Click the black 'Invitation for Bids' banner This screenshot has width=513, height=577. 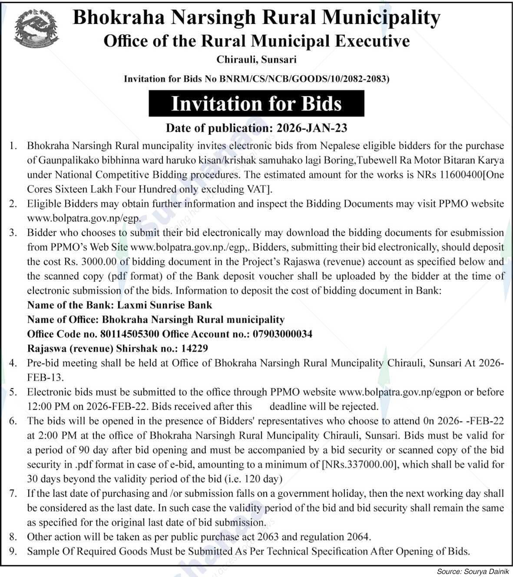tap(256, 103)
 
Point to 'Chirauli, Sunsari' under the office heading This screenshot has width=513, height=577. tap(256, 59)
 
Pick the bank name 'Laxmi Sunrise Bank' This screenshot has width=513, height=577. tap(165, 305)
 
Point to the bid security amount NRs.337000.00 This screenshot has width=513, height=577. tap(359, 464)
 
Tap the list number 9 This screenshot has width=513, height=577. tap(13, 551)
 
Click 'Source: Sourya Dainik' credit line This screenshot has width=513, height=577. tap(473, 571)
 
